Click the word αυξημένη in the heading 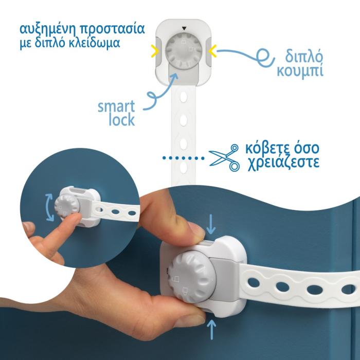[48, 29]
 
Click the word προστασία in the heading [112, 29]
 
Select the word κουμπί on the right [300, 70]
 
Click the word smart [116, 106]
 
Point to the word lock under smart [122, 120]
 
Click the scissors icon [224, 157]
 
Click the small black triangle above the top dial [184, 28]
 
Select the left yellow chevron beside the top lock [155, 51]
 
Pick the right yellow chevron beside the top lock [212, 51]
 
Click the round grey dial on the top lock [184, 51]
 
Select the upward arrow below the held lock [211, 330]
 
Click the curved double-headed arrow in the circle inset [49, 208]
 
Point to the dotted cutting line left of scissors [184, 158]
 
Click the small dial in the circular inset [67, 205]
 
